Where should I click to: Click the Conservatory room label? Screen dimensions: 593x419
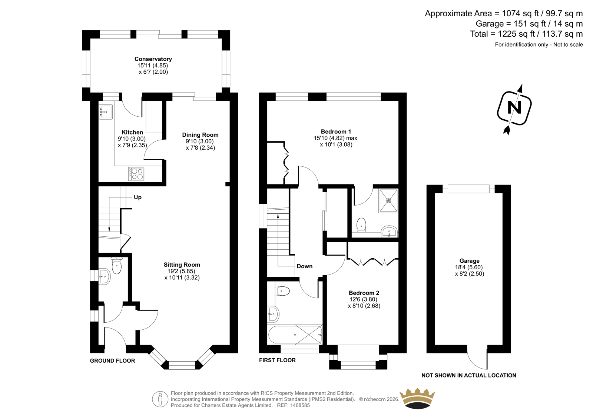(153, 59)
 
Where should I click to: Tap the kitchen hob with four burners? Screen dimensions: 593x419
(136, 174)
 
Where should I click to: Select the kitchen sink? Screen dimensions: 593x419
(106, 112)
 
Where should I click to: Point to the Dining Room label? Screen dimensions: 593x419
(200, 135)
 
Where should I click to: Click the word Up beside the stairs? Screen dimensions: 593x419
(138, 197)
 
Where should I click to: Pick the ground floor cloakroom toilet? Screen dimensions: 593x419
(116, 266)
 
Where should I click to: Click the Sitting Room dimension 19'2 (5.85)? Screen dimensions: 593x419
(181, 271)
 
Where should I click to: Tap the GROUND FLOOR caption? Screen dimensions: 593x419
(113, 360)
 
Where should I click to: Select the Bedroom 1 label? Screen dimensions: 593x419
(336, 132)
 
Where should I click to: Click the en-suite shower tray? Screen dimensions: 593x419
(388, 201)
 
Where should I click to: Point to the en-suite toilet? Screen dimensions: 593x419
(361, 225)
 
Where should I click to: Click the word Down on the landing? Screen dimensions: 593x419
(304, 266)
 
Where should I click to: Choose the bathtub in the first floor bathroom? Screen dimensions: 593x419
(295, 335)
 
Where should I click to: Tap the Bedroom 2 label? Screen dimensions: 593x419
(364, 293)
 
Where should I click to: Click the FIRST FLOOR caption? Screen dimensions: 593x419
(277, 360)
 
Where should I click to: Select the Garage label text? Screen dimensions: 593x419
(469, 261)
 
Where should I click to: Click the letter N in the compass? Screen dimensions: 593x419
(514, 107)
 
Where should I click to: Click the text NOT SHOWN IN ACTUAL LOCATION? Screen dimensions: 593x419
(469, 375)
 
